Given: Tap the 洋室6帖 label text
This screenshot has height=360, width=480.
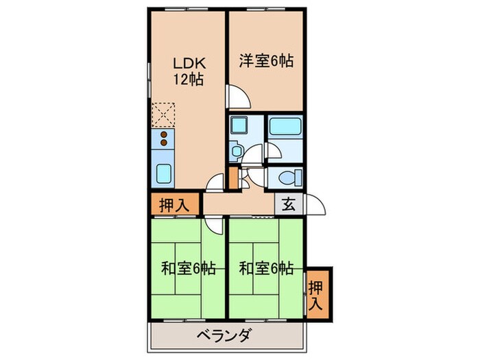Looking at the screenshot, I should click(266, 61).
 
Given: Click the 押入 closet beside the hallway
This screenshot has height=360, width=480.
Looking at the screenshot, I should click(174, 204).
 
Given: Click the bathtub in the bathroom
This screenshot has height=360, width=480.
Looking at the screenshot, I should click(285, 128).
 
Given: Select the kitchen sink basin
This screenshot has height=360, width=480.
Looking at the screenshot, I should click(165, 173).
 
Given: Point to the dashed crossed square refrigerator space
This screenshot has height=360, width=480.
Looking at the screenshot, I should click(165, 114).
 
